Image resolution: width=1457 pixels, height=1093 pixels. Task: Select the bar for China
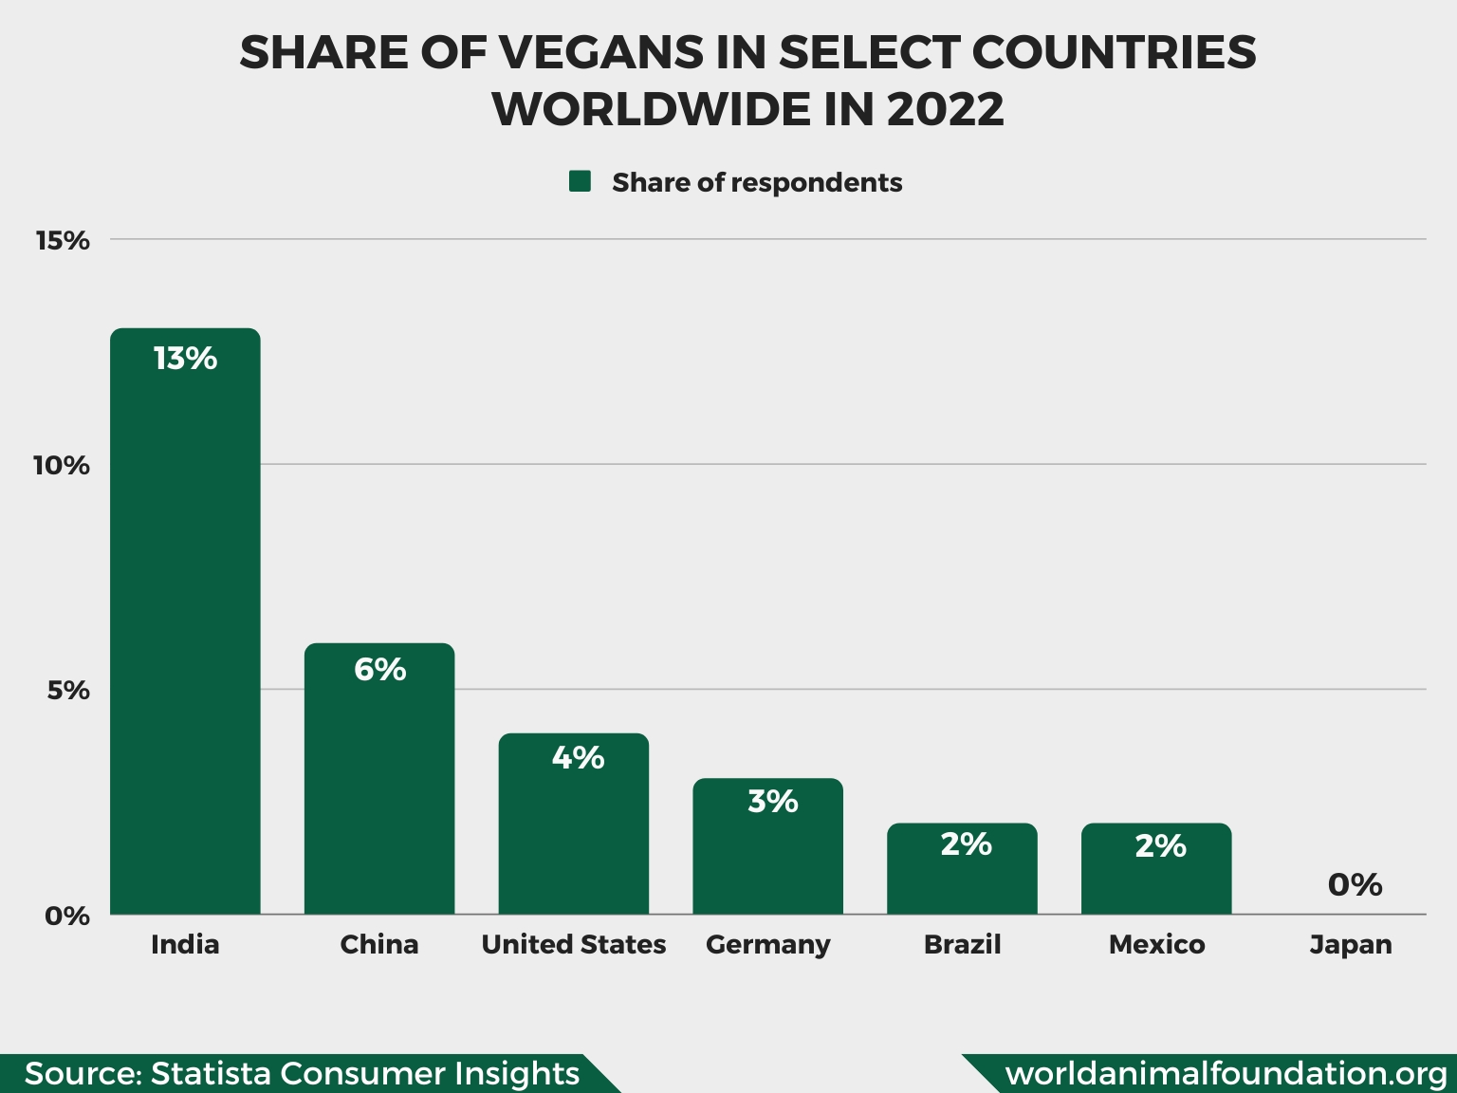379,779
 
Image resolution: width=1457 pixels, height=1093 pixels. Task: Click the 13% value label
185,359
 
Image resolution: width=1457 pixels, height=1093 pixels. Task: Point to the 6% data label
379,670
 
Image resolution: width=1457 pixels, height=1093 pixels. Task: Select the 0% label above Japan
1355,885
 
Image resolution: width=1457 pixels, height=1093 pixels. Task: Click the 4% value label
578,758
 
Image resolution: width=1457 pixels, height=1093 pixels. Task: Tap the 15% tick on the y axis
63,241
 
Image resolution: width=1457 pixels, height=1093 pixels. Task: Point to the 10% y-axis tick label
61,466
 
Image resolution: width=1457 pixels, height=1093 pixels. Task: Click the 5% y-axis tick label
68,691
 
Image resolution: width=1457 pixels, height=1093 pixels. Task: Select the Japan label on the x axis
1351,945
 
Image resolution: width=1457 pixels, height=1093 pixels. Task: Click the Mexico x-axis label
1156,945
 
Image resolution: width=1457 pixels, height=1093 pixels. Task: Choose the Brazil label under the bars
962,945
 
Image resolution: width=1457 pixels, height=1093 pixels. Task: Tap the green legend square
580,181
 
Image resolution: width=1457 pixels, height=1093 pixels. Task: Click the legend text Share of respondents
757,182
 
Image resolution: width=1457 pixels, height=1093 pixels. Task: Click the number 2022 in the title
945,109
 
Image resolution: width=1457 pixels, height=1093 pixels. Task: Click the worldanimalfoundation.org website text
1226,1073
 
